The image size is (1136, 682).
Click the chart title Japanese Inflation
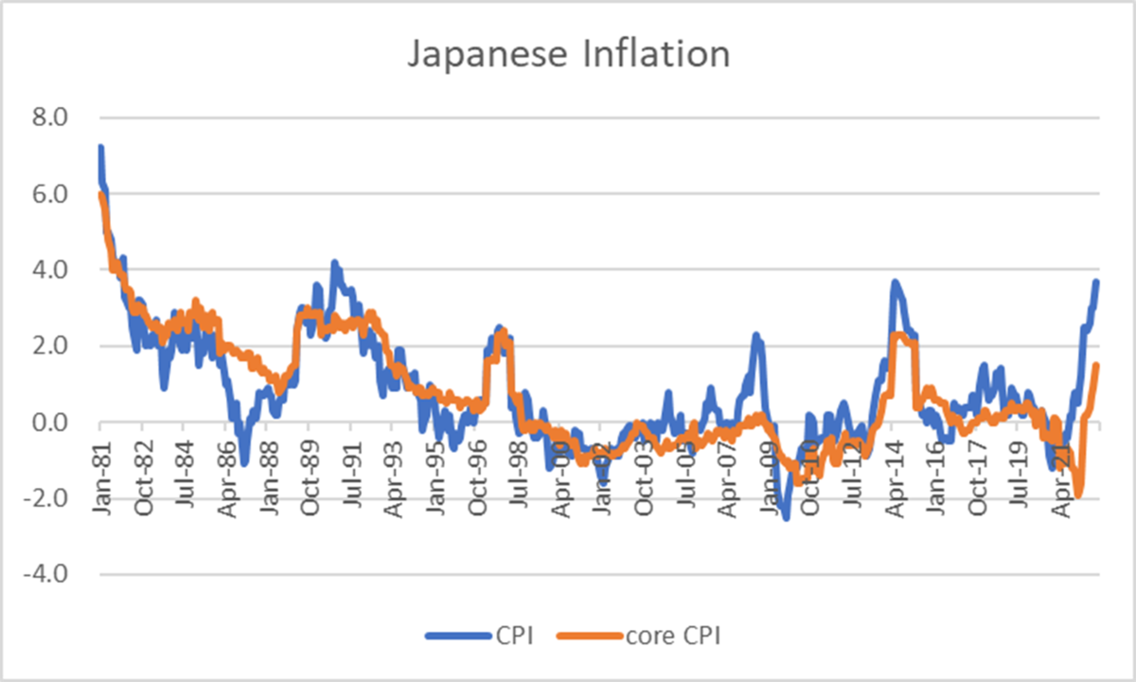569,54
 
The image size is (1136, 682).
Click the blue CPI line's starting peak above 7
99,148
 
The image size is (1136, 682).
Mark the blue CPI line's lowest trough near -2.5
786,517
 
